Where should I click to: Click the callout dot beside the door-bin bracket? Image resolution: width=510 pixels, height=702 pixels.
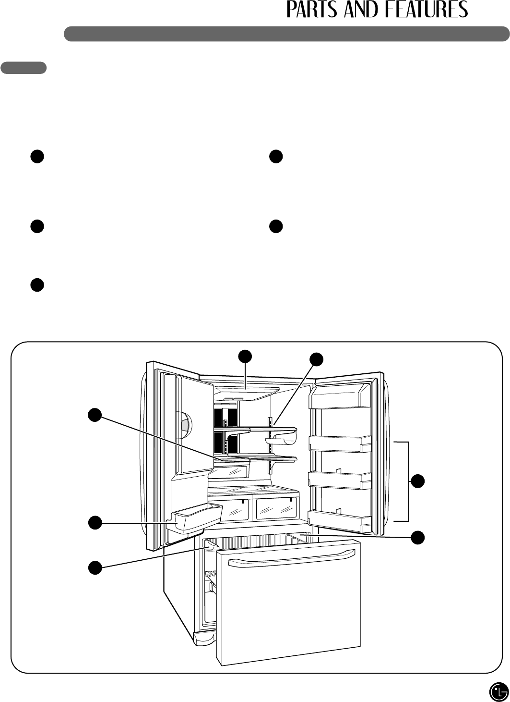tap(419, 481)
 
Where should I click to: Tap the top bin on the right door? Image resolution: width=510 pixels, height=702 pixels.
tap(340, 399)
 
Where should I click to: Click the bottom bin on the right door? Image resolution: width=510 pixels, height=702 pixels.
tap(340, 519)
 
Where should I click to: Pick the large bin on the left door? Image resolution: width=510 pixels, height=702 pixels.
tap(197, 517)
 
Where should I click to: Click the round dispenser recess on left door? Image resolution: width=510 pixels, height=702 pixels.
tap(182, 422)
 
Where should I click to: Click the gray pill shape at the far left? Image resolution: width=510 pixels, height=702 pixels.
tap(24, 68)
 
